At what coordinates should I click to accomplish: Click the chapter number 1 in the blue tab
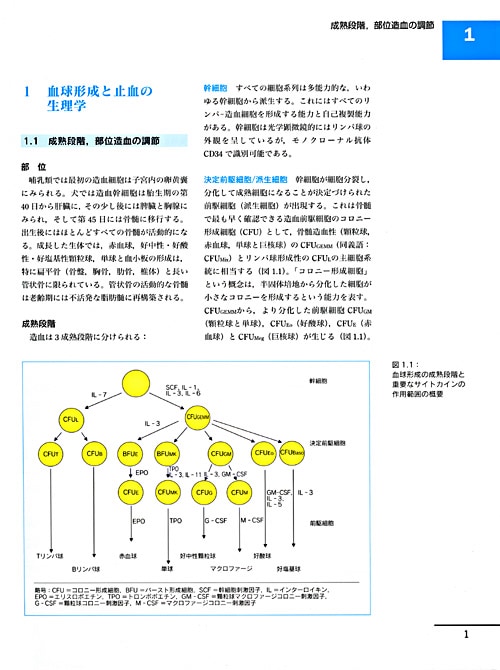(x=469, y=36)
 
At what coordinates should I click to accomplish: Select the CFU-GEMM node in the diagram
(x=202, y=417)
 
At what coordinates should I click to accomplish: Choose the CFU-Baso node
(x=292, y=455)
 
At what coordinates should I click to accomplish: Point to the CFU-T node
(x=50, y=455)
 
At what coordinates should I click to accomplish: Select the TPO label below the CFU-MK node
(x=176, y=520)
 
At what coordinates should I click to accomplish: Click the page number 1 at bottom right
(x=467, y=633)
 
